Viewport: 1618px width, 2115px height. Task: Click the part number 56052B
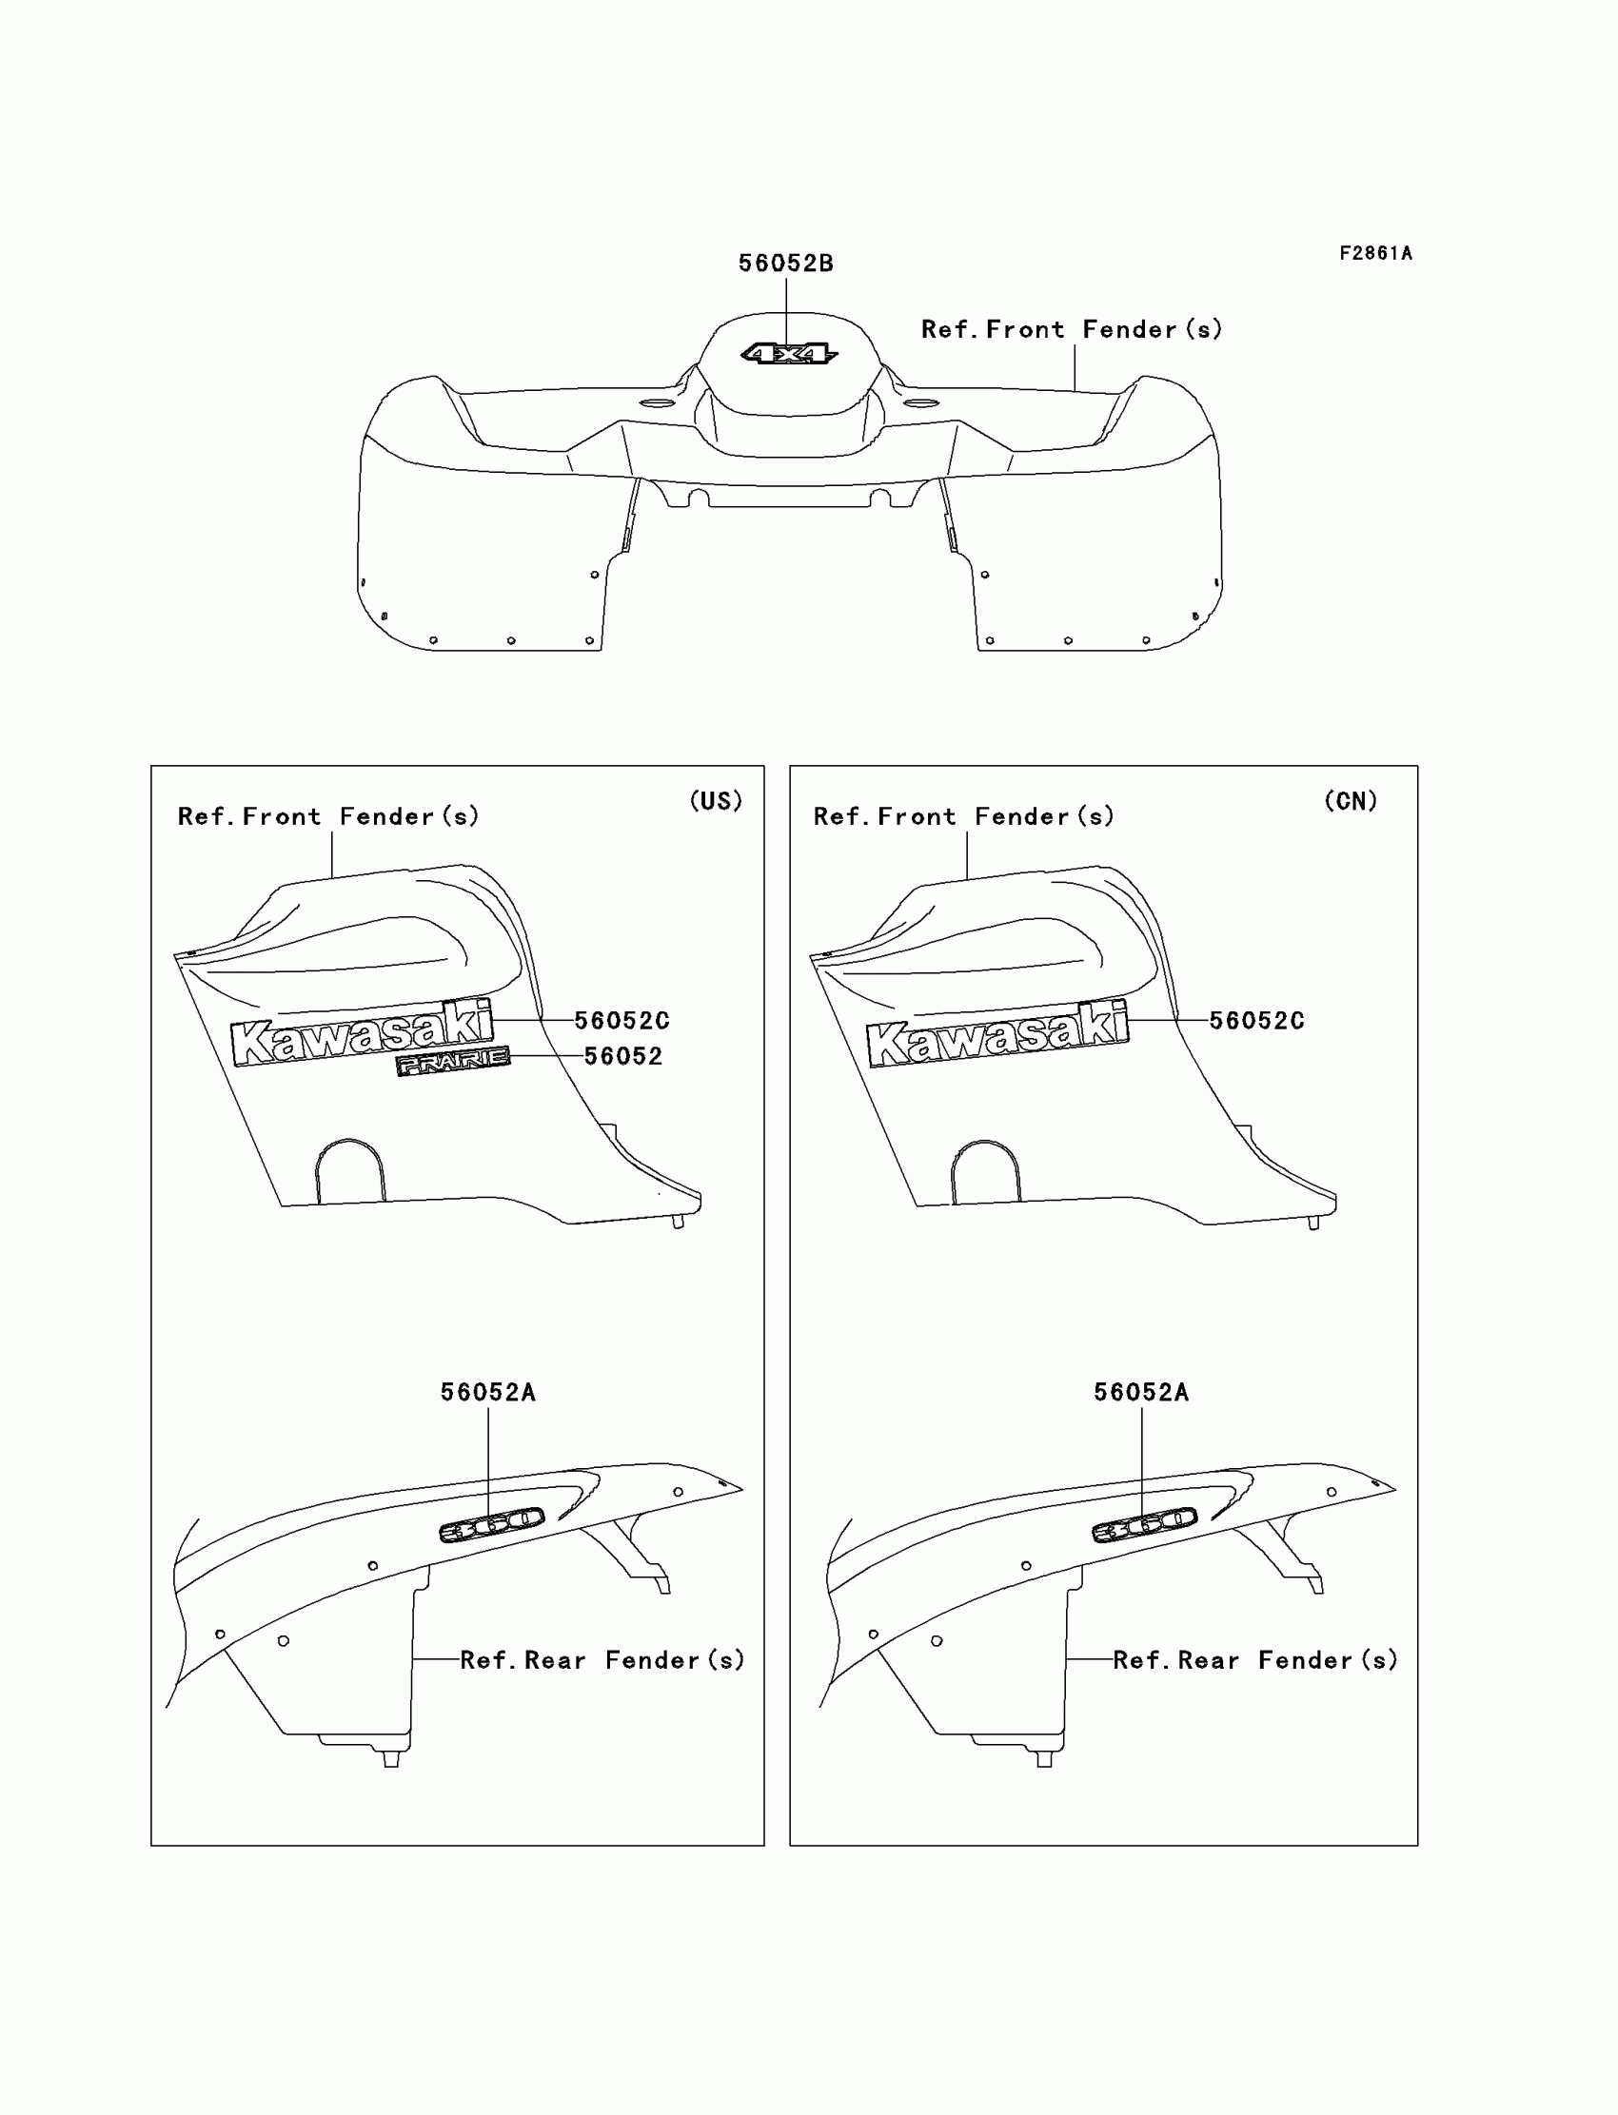[786, 264]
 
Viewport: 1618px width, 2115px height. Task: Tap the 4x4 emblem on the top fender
[789, 354]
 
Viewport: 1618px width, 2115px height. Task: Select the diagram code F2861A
[1375, 253]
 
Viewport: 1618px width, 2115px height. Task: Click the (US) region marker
[716, 801]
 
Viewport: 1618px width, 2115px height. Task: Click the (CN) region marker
[1351, 801]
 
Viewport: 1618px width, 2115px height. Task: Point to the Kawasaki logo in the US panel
[362, 1035]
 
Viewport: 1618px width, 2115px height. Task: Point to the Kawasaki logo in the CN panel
[996, 1035]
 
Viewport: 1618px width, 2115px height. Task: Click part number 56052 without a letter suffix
[623, 1057]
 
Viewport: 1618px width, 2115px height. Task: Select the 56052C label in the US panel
[622, 1021]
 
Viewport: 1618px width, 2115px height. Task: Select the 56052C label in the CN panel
[1257, 1021]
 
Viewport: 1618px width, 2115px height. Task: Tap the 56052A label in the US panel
[488, 1392]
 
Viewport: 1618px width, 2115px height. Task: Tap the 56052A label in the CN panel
[1141, 1392]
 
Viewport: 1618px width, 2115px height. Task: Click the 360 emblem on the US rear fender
[491, 1525]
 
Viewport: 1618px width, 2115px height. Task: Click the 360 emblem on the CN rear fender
[1144, 1525]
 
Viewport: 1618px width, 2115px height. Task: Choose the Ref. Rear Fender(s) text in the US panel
[602, 1659]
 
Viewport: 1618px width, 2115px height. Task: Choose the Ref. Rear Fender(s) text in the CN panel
[1256, 1659]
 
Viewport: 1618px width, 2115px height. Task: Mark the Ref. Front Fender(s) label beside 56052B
[1072, 330]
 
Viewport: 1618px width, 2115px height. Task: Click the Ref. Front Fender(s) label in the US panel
[328, 817]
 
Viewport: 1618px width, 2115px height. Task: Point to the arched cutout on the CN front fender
[984, 1169]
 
